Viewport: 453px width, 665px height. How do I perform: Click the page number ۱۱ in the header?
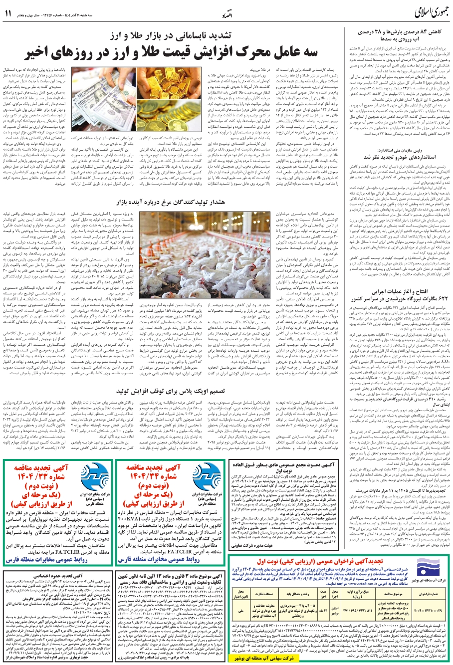click(x=8, y=13)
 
